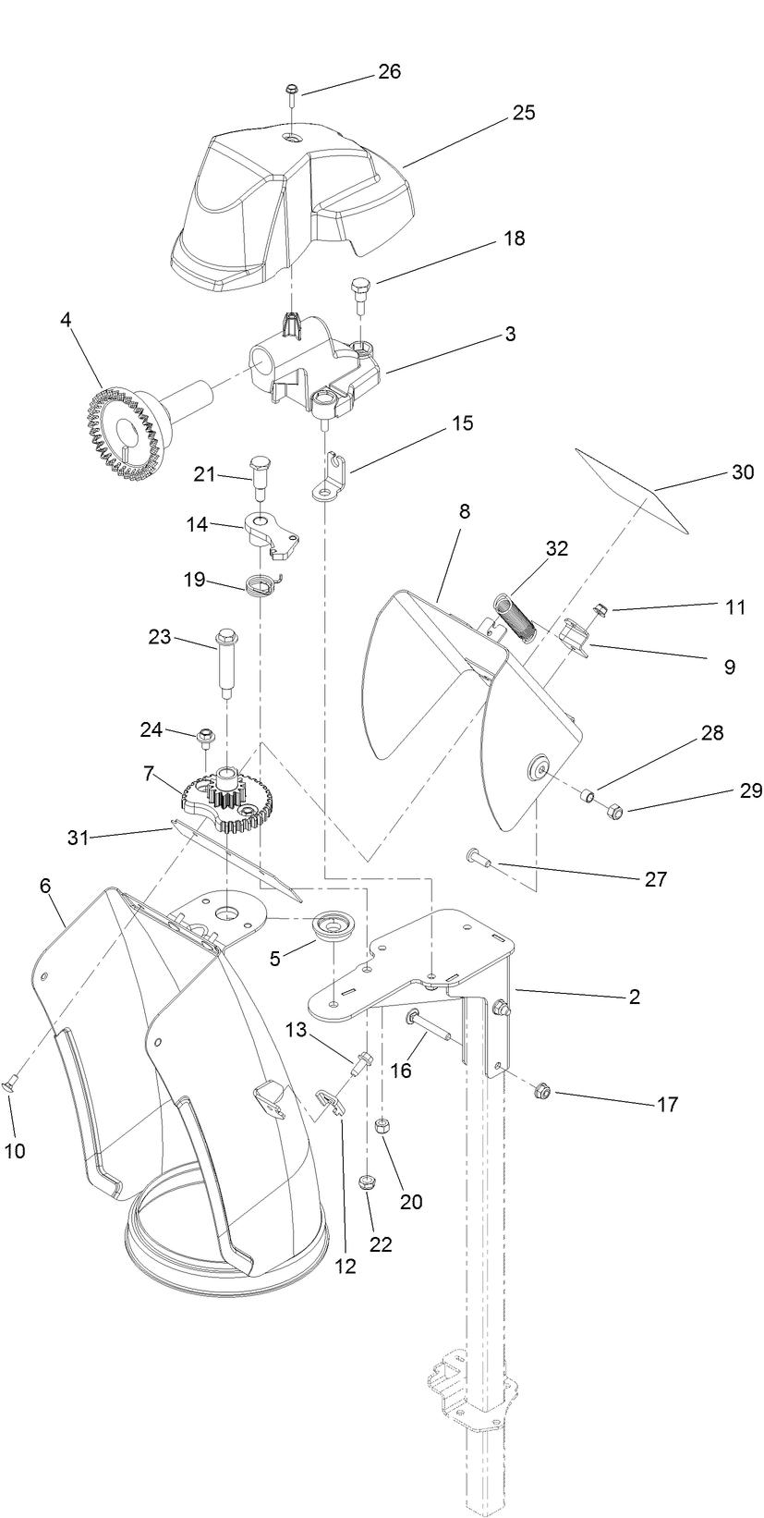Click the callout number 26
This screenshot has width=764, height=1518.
[x=390, y=72]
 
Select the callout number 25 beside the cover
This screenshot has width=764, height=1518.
[x=524, y=113]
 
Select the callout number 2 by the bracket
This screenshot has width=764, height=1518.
[x=634, y=997]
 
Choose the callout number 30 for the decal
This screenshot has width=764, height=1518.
[x=743, y=472]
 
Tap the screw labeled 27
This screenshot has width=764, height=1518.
[x=479, y=857]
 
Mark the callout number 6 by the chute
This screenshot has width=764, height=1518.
[x=45, y=886]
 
